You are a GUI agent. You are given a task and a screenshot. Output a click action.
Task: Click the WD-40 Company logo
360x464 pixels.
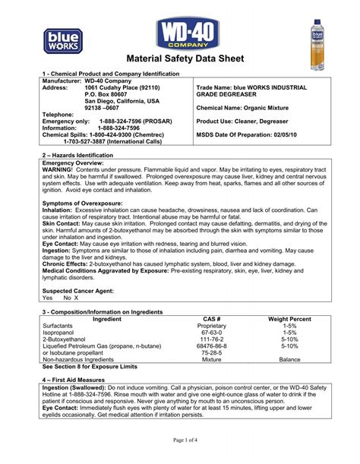click(180, 33)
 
